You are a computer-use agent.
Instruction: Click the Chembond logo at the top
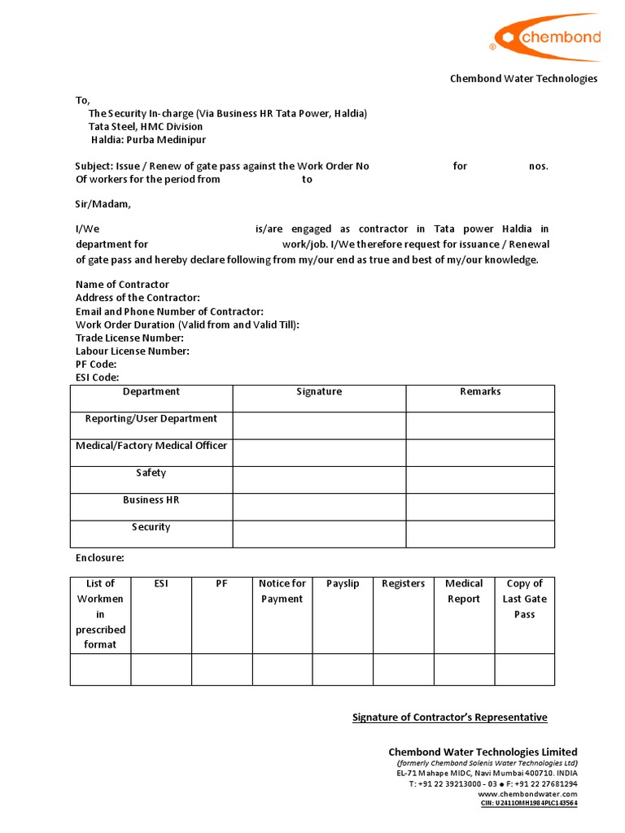(x=546, y=37)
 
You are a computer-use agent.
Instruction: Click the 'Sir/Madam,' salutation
(x=103, y=204)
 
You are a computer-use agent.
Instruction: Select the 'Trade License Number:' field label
(x=129, y=338)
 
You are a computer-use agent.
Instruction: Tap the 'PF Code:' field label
(x=96, y=364)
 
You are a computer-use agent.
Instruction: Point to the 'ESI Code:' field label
(x=98, y=377)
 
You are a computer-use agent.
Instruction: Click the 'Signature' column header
(x=319, y=392)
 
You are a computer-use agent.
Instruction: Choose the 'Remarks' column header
(x=480, y=392)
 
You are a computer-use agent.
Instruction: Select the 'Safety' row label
(x=151, y=473)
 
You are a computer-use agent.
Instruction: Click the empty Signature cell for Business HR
(x=319, y=507)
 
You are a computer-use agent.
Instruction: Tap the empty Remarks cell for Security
(x=480, y=534)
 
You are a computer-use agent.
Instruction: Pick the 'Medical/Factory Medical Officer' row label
(x=151, y=446)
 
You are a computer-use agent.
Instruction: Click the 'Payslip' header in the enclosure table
(x=343, y=584)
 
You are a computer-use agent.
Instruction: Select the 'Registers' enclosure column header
(x=403, y=584)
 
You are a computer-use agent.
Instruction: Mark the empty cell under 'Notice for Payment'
(x=282, y=669)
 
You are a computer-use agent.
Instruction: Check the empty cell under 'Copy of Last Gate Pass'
(x=524, y=669)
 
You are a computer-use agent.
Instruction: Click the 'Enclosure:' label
(x=100, y=559)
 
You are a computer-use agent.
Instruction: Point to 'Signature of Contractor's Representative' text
(x=449, y=717)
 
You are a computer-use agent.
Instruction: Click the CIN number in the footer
(x=529, y=804)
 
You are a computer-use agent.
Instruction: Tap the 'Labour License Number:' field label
(x=133, y=351)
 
